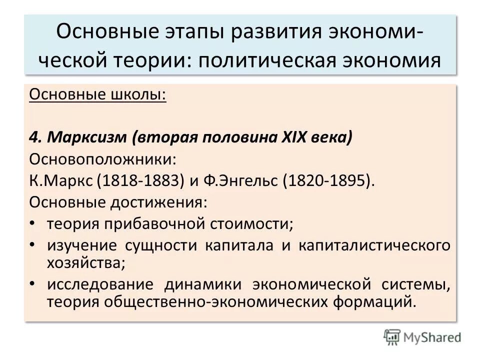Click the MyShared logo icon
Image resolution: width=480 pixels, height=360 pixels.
click(x=391, y=336)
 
